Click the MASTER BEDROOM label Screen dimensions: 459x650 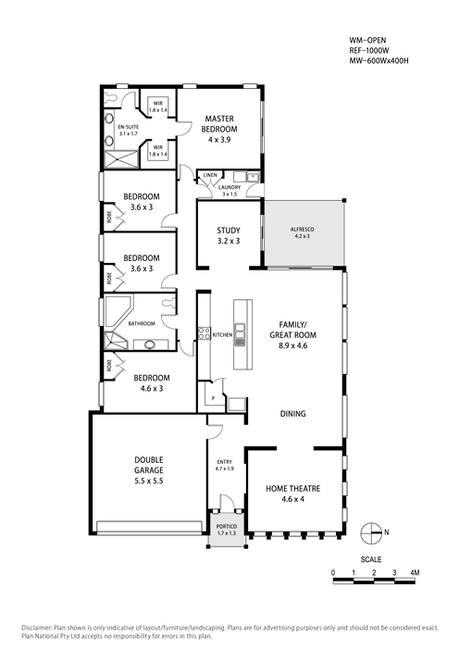click(219, 124)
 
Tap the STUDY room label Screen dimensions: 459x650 click(229, 231)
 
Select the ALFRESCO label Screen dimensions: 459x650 click(302, 230)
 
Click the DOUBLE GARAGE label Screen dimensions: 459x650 click(149, 465)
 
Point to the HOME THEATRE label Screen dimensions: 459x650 click(292, 489)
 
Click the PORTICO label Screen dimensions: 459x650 click(226, 527)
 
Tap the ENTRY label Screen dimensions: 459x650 click(225, 462)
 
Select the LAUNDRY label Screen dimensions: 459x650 click(229, 187)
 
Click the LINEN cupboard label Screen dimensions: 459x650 click(210, 175)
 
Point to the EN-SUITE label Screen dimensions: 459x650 click(129, 127)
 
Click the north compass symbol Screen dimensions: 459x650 click(370, 533)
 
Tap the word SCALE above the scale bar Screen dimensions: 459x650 click(371, 559)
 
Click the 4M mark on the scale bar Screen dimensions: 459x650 click(415, 573)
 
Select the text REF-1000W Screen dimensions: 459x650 click(369, 51)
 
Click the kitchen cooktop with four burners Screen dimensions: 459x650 click(204, 333)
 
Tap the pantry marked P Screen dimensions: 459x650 click(214, 398)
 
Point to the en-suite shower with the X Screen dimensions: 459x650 click(121, 159)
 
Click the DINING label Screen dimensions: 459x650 click(292, 414)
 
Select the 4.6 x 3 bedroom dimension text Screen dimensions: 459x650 click(152, 389)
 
